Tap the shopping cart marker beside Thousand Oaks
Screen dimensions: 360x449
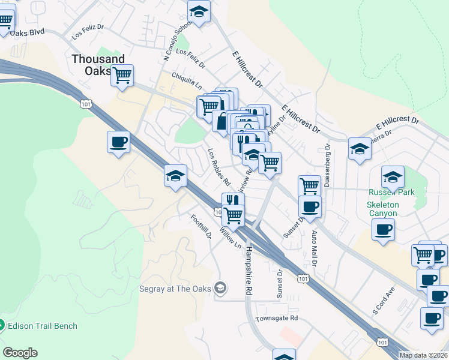122,76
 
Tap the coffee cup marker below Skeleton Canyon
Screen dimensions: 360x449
383,229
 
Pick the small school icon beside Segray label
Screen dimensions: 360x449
221,289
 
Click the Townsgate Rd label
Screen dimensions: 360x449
277,319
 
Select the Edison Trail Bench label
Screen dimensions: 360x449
42,326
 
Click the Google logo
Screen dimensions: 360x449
20,353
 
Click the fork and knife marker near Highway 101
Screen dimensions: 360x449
233,201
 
